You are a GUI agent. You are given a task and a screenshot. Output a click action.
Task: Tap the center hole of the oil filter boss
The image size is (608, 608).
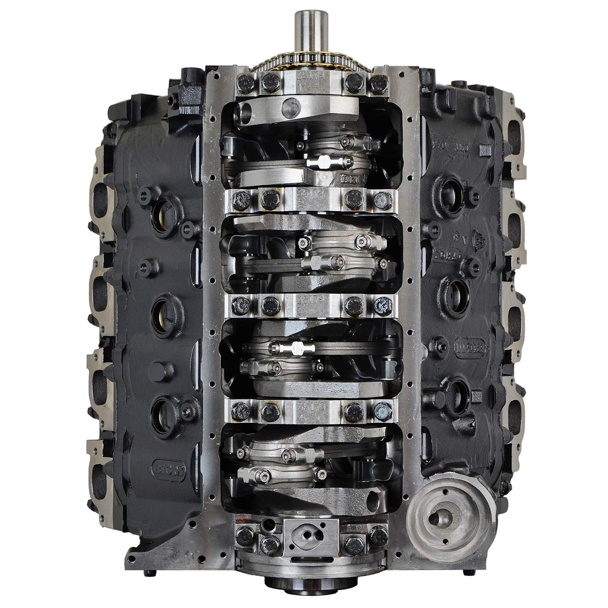(x=440, y=517)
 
